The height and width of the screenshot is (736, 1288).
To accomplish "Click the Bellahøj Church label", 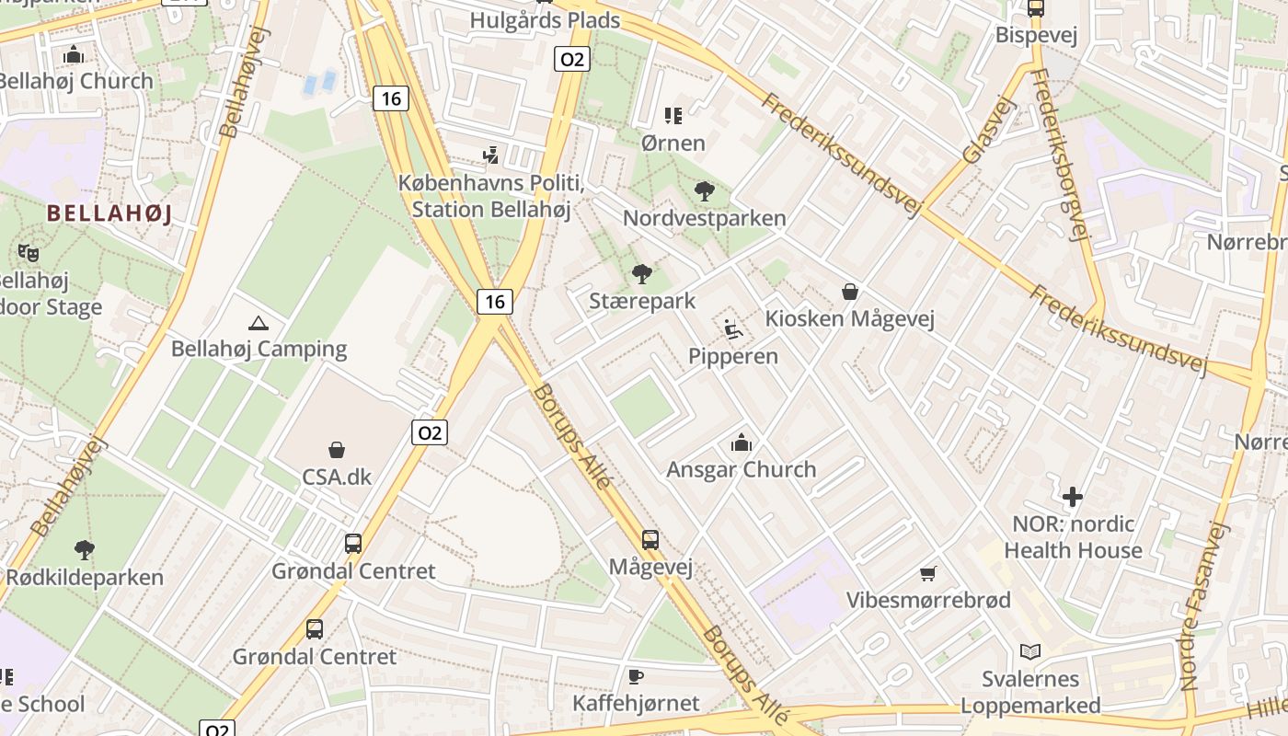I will point(77,81).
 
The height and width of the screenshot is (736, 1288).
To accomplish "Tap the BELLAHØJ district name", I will point(109,213).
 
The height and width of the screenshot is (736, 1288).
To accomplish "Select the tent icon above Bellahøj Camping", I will point(259,323).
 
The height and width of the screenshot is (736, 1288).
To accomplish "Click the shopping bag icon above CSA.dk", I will point(337,450).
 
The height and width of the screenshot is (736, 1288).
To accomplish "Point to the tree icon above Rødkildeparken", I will point(84,550).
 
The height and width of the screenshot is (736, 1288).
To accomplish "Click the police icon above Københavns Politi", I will point(491,154).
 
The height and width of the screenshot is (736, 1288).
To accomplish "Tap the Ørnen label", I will point(673,143).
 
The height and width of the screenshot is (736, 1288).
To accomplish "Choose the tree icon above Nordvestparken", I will point(704,191).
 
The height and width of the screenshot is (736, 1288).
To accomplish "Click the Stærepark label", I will point(642,301).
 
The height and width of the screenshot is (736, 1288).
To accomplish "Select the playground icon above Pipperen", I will point(732,328).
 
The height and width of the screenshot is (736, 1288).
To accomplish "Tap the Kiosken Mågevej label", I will point(850,319).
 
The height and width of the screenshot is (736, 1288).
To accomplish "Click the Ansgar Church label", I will point(742,469).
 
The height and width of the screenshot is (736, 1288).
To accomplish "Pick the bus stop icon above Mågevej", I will point(650,539).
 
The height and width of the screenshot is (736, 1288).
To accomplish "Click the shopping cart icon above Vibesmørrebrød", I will point(928,573).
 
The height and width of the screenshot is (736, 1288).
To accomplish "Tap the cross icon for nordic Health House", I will point(1072,498).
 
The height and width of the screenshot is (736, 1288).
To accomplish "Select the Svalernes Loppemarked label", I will point(1030,692).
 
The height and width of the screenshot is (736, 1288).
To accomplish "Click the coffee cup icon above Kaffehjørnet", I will point(636,676).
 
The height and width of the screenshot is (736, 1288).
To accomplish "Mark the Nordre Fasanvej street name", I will point(1203,607).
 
